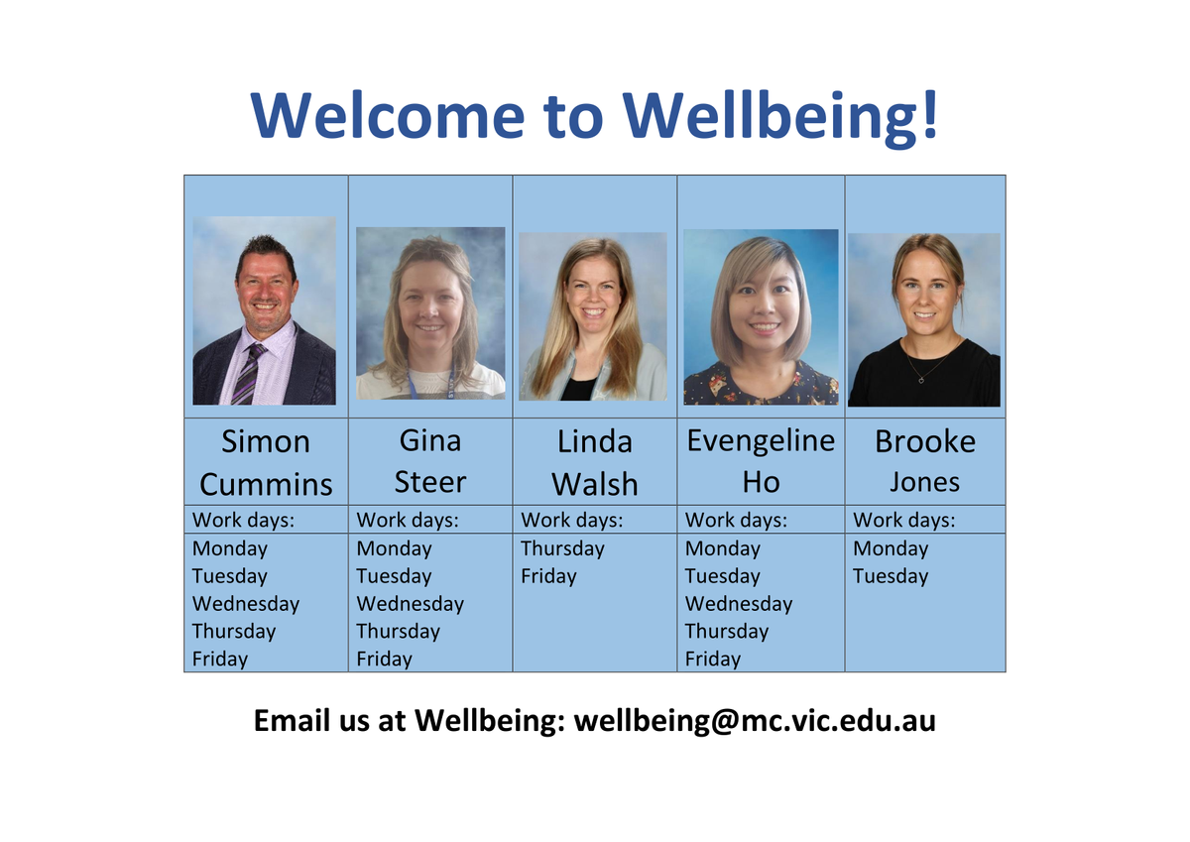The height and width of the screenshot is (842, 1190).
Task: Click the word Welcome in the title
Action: point(388,115)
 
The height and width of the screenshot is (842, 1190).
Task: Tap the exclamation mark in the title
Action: point(930,114)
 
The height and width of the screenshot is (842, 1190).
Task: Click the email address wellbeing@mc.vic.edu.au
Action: point(755,721)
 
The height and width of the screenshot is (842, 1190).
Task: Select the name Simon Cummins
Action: point(266,463)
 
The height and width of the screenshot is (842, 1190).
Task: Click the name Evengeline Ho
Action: point(761,461)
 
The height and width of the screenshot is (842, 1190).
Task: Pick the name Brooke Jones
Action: point(925,461)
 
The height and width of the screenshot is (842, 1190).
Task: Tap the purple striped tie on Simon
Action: point(249,374)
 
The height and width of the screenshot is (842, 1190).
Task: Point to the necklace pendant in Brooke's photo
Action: point(921,380)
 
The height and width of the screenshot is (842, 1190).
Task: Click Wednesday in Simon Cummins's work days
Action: point(246,604)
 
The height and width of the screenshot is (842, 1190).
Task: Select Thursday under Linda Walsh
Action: point(562,548)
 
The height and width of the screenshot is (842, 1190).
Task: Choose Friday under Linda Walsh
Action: point(548,576)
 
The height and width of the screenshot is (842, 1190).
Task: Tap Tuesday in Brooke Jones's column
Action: point(891,576)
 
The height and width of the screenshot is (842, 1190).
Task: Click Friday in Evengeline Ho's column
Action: point(712,660)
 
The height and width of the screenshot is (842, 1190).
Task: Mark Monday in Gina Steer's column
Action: point(395,548)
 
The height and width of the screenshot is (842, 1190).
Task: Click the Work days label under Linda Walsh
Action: point(571,520)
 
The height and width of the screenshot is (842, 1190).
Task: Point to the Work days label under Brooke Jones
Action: point(903,520)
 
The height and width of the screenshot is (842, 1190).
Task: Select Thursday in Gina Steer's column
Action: point(399,632)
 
